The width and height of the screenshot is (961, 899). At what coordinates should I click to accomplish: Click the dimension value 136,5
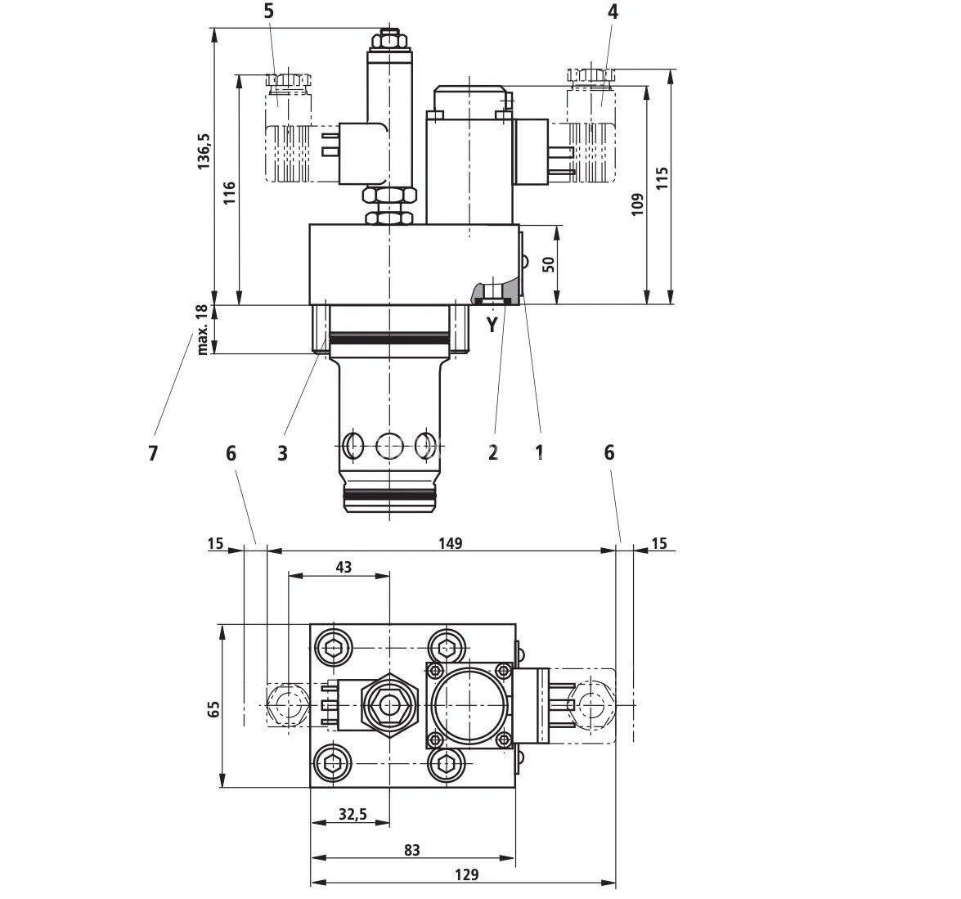pos(204,151)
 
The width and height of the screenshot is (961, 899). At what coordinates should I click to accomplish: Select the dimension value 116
pos(230,192)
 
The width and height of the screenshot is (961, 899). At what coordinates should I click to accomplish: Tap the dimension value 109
pos(638,203)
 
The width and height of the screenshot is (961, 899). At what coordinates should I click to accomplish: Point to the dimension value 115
pos(662,178)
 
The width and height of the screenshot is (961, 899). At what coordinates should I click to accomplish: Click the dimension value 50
pos(549,263)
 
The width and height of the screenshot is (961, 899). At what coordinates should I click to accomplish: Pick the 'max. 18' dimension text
pos(202,330)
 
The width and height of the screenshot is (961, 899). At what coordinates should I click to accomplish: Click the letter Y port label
pos(492,325)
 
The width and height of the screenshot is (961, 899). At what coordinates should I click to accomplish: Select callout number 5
pos(270,11)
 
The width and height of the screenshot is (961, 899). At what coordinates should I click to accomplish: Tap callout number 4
pos(613,11)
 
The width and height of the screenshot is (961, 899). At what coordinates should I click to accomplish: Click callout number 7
pos(153,453)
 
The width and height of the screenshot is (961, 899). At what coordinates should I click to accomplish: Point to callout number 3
pos(282,453)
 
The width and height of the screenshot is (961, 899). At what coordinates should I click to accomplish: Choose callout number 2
pos(493,452)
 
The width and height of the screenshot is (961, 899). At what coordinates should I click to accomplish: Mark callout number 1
pos(539,452)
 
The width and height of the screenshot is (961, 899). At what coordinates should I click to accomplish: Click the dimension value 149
pos(450,543)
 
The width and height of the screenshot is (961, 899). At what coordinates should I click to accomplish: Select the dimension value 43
pos(344,567)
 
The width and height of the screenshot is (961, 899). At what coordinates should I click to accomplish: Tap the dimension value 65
pos(213,708)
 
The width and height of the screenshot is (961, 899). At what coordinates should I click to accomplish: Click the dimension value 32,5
pos(353,815)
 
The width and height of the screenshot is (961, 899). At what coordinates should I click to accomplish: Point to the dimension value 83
pos(411,851)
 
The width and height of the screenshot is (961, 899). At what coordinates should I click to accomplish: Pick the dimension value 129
pos(465,874)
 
